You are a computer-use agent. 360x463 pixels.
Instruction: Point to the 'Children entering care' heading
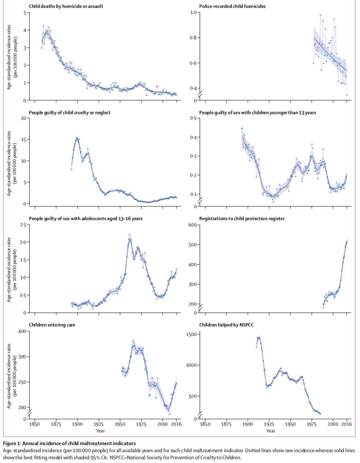tap(52, 325)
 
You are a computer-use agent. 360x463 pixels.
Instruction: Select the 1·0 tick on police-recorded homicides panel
tap(192, 13)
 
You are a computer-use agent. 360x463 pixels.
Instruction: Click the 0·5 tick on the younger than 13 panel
tap(192, 118)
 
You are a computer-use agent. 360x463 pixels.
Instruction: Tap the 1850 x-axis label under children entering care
tap(35, 423)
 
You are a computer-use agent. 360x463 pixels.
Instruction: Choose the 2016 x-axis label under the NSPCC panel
tap(347, 423)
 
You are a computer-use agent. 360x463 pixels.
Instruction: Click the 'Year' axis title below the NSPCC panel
tap(272, 430)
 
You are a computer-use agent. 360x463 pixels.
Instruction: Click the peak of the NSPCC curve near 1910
tap(259, 338)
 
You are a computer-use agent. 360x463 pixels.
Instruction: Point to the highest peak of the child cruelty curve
tap(77, 139)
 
